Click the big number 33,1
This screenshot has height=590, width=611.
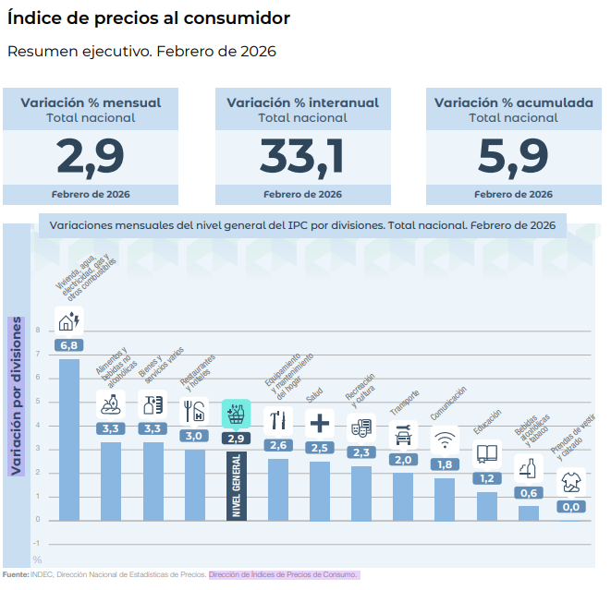pos(302,156)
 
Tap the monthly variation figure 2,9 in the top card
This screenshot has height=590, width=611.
pos(91,156)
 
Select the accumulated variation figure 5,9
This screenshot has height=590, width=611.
pos(513,156)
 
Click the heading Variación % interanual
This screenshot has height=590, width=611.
pos(302,102)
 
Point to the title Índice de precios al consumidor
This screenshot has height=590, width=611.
pos(148,18)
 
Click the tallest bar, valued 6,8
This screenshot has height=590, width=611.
pos(69,439)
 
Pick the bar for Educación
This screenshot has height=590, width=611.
pos(486,505)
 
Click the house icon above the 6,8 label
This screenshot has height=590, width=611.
pos(69,320)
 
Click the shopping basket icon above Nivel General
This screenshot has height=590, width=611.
pos(236,415)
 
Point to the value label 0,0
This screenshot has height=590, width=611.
pos(570,507)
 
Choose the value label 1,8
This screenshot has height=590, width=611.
pos(445,464)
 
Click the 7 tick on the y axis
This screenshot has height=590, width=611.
pos(38,354)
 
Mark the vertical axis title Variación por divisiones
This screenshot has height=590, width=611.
pos(16,396)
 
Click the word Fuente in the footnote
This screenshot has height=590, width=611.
pos(15,574)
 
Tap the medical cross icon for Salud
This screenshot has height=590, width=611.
pos(319,423)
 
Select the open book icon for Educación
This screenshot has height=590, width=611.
pos(486,453)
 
